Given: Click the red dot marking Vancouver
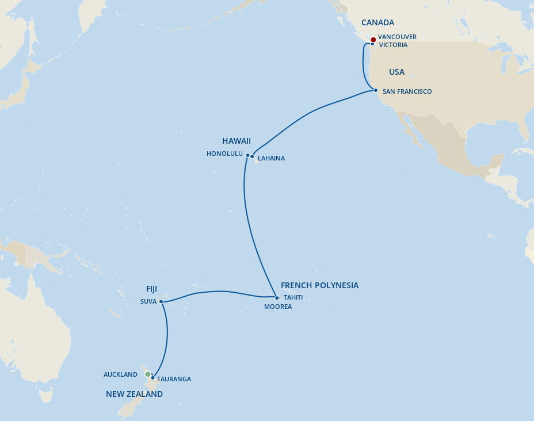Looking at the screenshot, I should click(373, 39).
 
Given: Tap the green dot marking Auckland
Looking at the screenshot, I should click(148, 374).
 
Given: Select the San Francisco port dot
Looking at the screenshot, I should click(375, 90).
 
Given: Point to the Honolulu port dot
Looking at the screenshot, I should click(248, 155).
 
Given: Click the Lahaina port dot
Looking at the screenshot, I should click(252, 156).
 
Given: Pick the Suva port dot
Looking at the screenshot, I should click(161, 301).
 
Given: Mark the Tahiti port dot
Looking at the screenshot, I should click(277, 298).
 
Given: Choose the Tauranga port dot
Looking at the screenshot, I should click(152, 378).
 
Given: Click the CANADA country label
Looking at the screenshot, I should click(377, 23).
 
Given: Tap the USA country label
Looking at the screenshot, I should click(396, 72).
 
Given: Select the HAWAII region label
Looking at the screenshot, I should click(237, 141).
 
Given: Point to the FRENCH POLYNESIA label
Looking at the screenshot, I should click(319, 286).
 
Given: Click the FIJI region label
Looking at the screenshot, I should click(151, 289).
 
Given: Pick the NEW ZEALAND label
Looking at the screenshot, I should click(134, 395).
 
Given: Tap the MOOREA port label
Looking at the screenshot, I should click(278, 307).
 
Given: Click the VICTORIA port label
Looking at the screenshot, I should click(393, 45).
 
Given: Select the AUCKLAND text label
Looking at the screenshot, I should click(120, 375).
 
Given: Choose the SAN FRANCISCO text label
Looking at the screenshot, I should click(407, 92).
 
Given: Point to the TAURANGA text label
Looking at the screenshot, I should click(174, 380).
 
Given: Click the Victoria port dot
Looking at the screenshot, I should click(372, 44).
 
